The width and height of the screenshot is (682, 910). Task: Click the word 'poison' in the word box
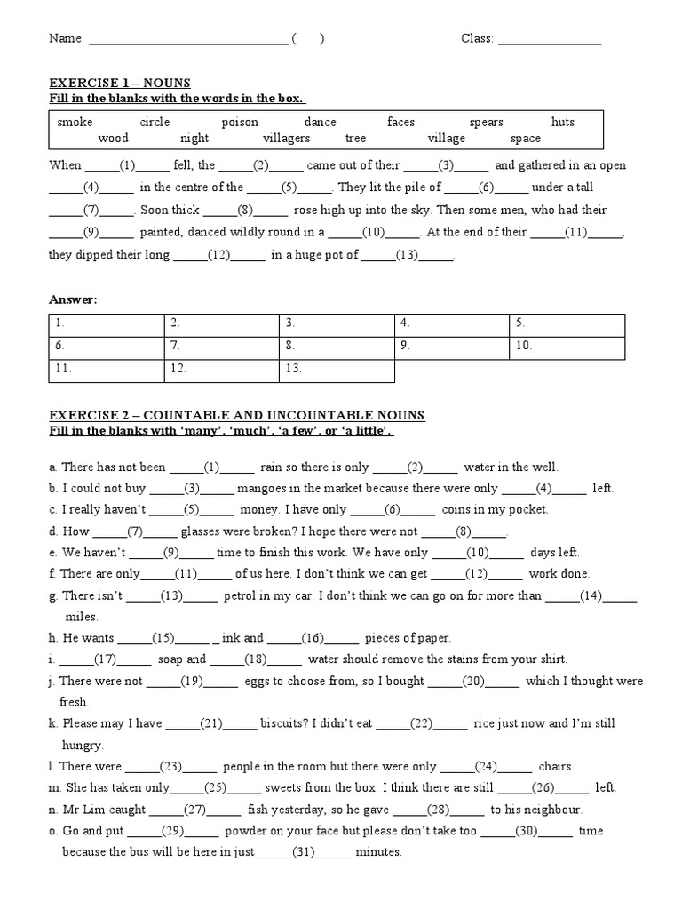coord(240,122)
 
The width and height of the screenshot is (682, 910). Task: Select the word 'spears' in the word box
coord(486,122)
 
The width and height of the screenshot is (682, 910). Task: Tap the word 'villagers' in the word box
coord(286,138)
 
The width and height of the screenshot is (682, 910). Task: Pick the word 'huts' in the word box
coord(563,122)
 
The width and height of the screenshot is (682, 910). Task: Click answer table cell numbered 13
coord(337,369)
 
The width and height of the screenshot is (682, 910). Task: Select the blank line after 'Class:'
coord(549,39)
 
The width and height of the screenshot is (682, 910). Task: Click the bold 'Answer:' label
coord(73,299)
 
